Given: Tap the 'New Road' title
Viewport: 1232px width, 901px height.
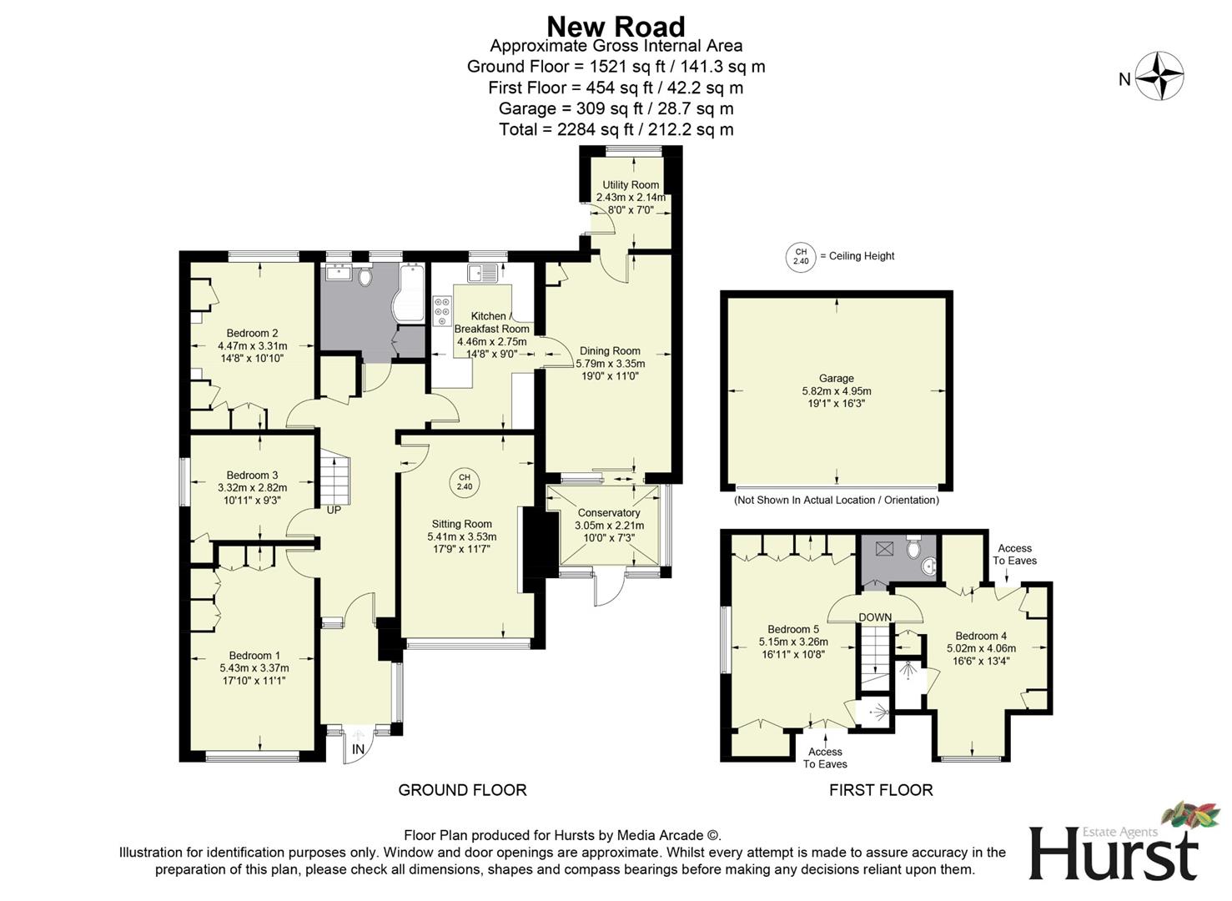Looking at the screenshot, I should [x=616, y=27].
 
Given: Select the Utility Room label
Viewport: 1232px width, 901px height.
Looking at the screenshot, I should [x=631, y=185].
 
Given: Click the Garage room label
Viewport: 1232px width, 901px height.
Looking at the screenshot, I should [x=836, y=379].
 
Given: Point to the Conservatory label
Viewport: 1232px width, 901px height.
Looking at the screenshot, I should [x=609, y=513].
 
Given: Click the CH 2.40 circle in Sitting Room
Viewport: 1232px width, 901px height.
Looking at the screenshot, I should [x=465, y=482].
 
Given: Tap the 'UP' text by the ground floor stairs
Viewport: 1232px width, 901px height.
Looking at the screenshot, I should [x=334, y=510].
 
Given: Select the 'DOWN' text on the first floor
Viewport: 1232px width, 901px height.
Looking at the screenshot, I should [x=875, y=617].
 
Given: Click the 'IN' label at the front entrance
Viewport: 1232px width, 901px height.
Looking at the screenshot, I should [x=358, y=750].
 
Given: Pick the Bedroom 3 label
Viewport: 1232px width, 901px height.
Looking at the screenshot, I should [x=252, y=476].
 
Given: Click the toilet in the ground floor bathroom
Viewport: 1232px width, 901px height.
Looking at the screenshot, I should [x=365, y=277].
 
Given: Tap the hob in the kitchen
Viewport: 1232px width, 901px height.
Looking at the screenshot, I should [x=441, y=312].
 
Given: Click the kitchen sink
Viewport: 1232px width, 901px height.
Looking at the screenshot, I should [x=483, y=273].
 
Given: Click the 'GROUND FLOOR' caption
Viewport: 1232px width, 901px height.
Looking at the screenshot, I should [x=462, y=790].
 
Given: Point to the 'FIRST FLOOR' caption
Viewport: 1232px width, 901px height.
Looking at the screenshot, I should [x=881, y=790].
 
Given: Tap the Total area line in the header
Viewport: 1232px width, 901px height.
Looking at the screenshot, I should [x=616, y=129].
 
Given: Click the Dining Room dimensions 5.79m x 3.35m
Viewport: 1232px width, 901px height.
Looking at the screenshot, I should [x=610, y=364].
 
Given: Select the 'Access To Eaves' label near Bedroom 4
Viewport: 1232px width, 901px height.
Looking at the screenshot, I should [x=1014, y=554].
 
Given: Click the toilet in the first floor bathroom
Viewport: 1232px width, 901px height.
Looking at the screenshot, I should [x=913, y=549].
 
